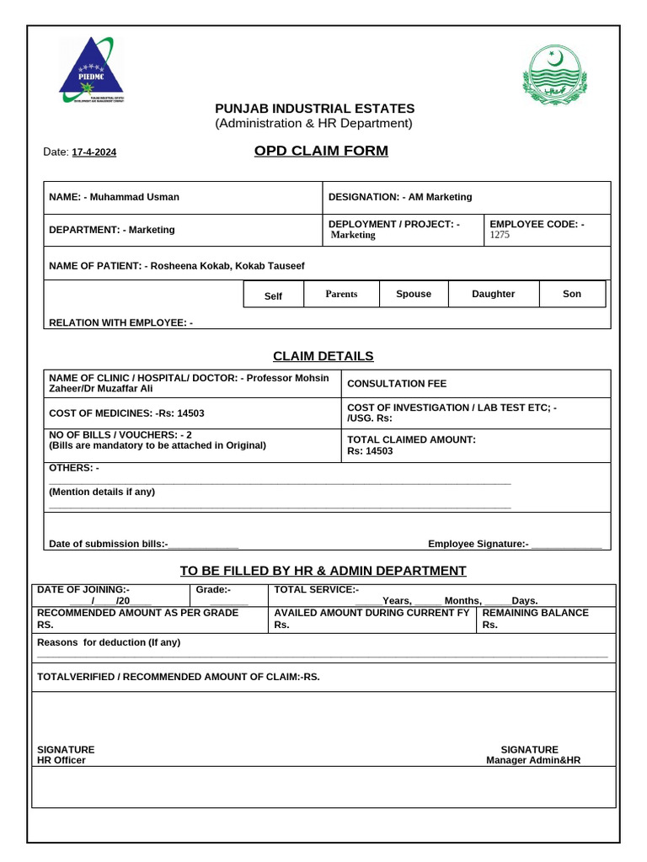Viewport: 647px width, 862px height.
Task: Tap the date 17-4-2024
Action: pos(94,152)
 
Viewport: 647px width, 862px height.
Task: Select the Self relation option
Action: pos(274,296)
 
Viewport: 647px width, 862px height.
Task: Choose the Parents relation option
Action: pos(341,294)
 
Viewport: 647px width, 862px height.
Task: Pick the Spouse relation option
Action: pos(413,294)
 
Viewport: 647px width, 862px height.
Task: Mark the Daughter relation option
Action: pos(493,294)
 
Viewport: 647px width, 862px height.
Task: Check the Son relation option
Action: pos(572,294)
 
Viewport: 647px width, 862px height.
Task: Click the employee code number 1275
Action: pos(500,236)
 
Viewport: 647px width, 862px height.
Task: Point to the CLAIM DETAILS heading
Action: pos(323,356)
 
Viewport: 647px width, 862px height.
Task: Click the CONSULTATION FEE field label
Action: pos(397,384)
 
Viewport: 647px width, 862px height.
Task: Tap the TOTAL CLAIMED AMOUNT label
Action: pos(411,439)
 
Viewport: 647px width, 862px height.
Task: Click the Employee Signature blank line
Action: pos(566,545)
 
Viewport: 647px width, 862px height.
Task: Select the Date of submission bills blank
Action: pos(204,545)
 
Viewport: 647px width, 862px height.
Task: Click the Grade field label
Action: pos(213,590)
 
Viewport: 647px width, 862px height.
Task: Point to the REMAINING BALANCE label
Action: pos(535,613)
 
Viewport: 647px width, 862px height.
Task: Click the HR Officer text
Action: pos(61,760)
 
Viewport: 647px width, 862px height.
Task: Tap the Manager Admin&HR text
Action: pos(533,760)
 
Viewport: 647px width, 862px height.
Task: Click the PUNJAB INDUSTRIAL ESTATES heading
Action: pos(314,109)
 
